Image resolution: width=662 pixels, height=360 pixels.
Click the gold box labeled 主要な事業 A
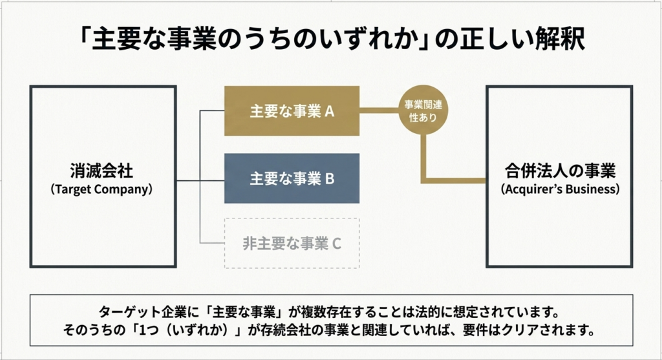coord(292,111)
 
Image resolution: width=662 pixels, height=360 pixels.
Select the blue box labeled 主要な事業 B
coord(292,178)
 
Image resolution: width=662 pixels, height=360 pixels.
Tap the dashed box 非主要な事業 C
coord(292,244)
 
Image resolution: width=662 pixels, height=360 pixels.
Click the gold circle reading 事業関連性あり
coord(423,111)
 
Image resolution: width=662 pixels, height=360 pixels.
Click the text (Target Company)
coord(103,190)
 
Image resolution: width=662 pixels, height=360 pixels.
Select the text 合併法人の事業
coord(560,171)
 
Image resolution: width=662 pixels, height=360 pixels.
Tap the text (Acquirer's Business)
coord(560,190)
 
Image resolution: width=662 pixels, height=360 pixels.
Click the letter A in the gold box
coord(329,111)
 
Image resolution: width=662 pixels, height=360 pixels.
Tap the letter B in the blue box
coord(329,179)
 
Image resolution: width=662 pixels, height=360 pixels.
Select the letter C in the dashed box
coord(336,244)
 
